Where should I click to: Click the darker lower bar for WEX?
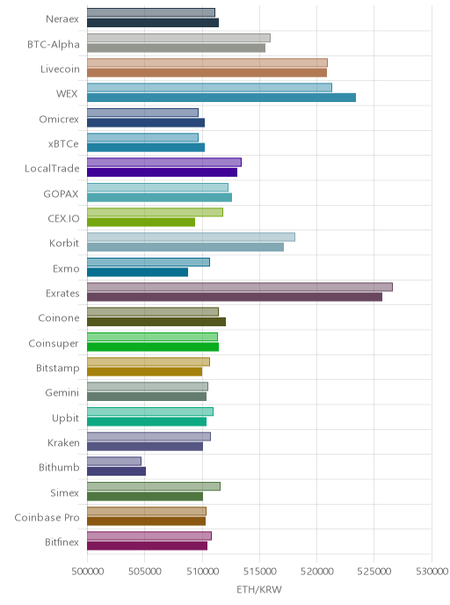(221, 98)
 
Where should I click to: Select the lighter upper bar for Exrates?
(240, 287)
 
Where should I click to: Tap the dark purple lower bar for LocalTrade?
(162, 172)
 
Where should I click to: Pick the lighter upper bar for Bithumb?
(114, 461)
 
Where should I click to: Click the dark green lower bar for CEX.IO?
(142, 222)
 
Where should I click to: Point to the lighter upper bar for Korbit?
(192, 237)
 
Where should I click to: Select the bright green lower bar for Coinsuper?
(153, 346)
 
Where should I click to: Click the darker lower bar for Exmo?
(138, 272)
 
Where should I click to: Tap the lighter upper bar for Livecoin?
(207, 62)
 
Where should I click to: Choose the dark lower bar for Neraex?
(153, 22)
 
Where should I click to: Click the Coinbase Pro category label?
(47, 517)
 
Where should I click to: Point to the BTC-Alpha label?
(54, 44)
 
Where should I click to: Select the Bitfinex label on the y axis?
(62, 542)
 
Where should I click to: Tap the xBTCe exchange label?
(63, 144)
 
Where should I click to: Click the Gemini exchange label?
(62, 393)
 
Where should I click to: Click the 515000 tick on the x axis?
(259, 572)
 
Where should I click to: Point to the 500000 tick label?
(88, 572)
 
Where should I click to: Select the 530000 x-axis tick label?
(432, 572)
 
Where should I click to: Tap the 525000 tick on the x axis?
(374, 572)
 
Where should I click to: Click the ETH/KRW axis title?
(259, 589)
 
